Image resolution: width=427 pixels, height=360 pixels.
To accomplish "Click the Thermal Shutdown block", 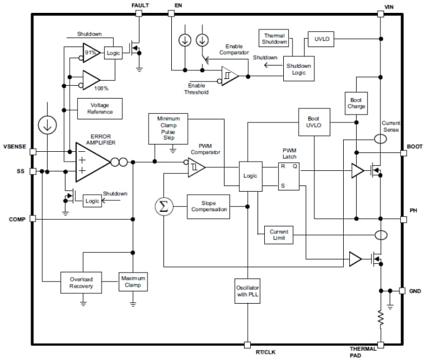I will [275, 38].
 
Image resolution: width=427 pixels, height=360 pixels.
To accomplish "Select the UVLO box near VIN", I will [321, 38].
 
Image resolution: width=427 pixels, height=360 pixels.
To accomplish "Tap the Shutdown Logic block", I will [299, 69].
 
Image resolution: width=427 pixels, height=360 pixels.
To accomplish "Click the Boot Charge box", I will [356, 103].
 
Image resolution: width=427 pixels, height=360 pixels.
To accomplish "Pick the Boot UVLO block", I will [314, 122].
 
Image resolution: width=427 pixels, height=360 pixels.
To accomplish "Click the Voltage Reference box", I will [100, 108].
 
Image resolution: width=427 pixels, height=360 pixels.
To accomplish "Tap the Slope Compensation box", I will [209, 206].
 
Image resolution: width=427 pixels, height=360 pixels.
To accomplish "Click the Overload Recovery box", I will [81, 282].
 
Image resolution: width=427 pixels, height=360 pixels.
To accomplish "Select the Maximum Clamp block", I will [133, 282].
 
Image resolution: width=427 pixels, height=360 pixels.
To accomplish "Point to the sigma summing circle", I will [163, 206].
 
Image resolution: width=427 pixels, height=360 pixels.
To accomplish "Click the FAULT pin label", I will [140, 6].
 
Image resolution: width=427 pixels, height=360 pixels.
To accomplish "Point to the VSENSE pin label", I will [14, 146].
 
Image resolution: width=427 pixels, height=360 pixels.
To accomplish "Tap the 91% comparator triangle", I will [92, 53].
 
